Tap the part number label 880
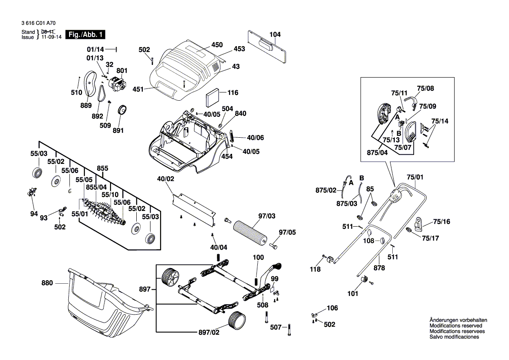click(47, 283)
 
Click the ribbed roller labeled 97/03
click(249, 233)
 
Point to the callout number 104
click(275, 34)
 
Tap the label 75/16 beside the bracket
click(442, 221)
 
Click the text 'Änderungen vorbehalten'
click(458, 320)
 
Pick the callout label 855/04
click(96, 187)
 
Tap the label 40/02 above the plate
click(165, 179)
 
